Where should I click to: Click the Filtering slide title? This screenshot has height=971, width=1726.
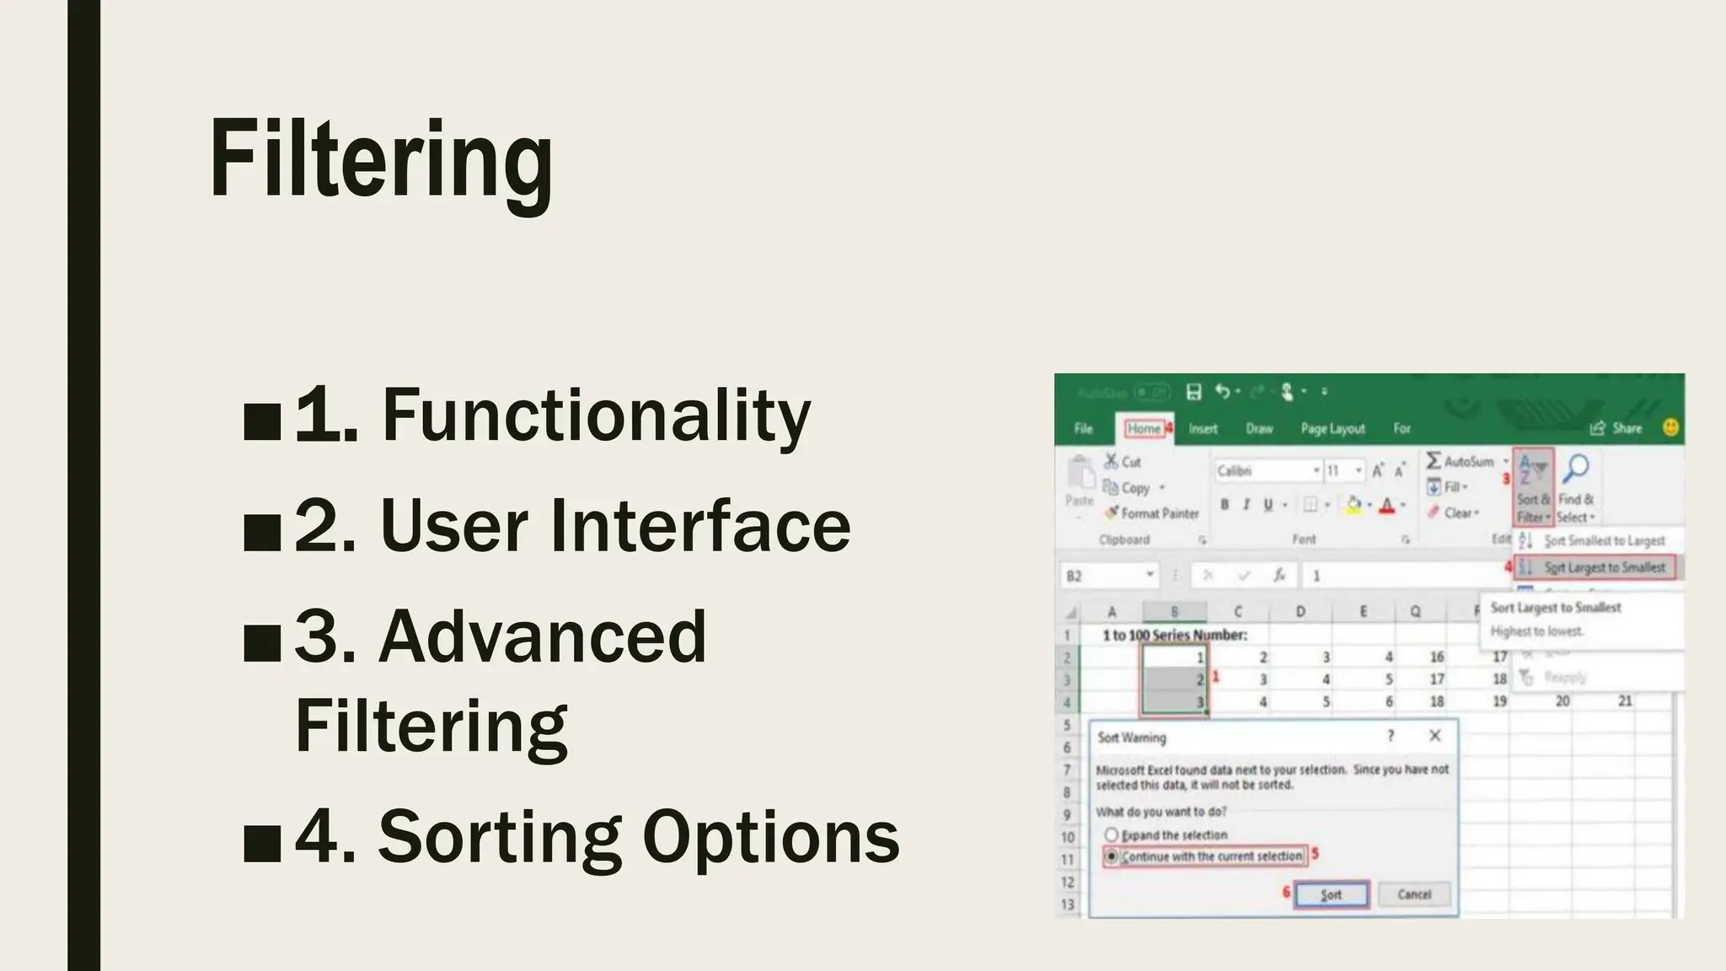[381, 160]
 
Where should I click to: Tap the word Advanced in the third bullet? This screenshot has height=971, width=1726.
[542, 637]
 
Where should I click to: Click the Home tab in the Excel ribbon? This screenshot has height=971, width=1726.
[1144, 428]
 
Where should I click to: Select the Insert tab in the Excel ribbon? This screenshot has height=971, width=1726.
[1203, 428]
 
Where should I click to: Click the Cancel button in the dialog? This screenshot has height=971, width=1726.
[1413, 894]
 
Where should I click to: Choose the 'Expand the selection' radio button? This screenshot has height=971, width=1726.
[1112, 834]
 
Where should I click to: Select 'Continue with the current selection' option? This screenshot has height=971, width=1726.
[1112, 856]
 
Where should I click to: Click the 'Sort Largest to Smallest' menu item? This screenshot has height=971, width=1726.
[1603, 567]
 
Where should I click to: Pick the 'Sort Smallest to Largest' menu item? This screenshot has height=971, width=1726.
[1603, 540]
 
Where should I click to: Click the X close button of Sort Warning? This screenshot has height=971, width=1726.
[1434, 736]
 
